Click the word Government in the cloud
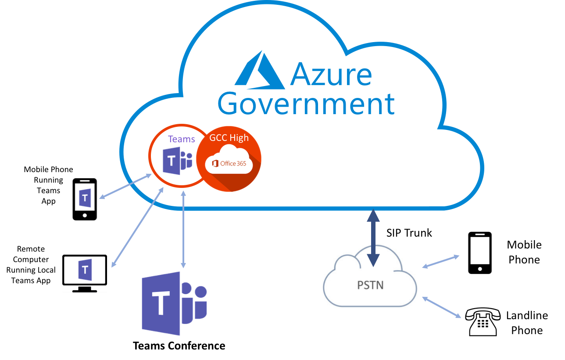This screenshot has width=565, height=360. point(306,104)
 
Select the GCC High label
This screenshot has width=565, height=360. point(229,138)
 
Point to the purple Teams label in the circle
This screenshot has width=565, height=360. point(181,139)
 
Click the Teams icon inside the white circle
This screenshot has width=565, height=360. point(177,161)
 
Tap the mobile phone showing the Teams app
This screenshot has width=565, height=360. point(85,199)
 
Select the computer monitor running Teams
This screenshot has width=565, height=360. point(85,274)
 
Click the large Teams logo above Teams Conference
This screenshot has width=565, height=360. point(174,303)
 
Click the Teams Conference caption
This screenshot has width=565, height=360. point(179,346)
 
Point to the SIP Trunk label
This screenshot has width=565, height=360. point(409,233)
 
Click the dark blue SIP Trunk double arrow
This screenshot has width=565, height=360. point(373,238)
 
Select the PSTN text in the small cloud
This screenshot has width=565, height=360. point(370,285)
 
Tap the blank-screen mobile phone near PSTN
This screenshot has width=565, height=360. point(480,253)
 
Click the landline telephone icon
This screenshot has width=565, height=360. point(483,322)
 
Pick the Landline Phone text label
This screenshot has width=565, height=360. point(527,323)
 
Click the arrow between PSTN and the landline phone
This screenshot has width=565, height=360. point(441,307)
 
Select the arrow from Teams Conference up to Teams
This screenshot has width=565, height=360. point(183,229)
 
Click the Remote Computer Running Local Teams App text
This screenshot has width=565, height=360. point(31,265)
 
